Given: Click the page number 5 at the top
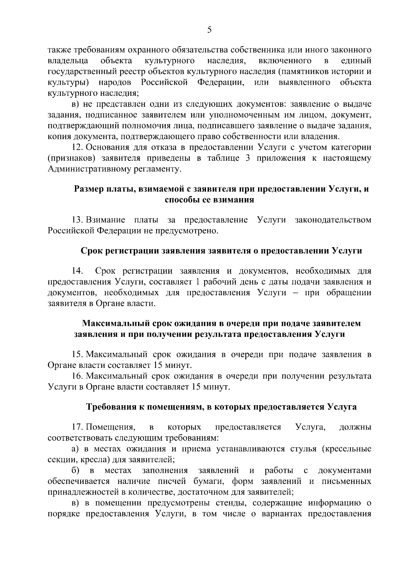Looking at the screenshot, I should click(209, 30).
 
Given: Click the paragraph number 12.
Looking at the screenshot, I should click(77, 147).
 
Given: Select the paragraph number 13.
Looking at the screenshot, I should click(77, 220).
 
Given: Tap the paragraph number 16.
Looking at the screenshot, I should click(77, 376).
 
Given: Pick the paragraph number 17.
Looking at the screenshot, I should click(77, 427).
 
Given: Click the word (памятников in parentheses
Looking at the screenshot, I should click(305, 72).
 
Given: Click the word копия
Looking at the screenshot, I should click(58, 136).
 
